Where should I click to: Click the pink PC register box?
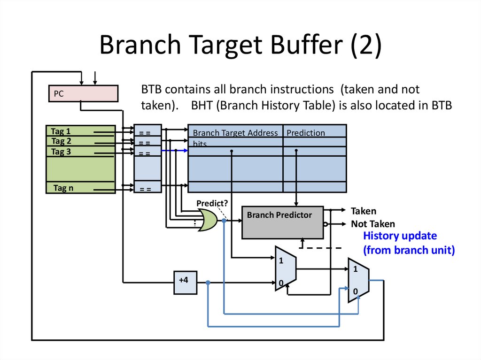pyautogui.click(x=84, y=93)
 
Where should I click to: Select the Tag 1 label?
pyautogui.click(x=61, y=131)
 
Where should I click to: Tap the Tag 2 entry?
pyautogui.click(x=61, y=141)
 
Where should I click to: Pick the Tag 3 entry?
pyautogui.click(x=61, y=151)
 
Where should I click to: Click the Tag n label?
pyautogui.click(x=63, y=188)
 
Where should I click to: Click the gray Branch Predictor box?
pyautogui.click(x=282, y=222)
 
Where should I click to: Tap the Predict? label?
pyautogui.click(x=212, y=203)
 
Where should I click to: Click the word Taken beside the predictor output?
pyautogui.click(x=363, y=211)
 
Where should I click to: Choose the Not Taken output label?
pyautogui.click(x=372, y=224)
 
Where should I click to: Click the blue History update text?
pyautogui.click(x=400, y=236)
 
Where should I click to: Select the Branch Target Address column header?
pyautogui.click(x=235, y=133)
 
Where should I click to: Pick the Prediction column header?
pyautogui.click(x=305, y=133)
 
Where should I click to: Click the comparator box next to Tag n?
pyautogui.click(x=147, y=188)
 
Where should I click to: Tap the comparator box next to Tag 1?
pyautogui.click(x=147, y=132)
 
